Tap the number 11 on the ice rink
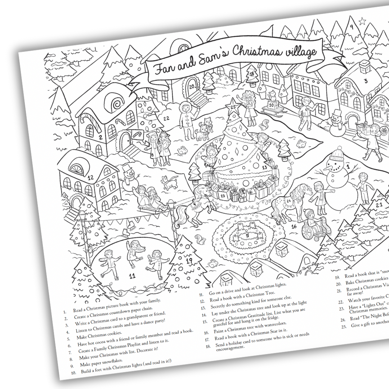(x=132, y=276)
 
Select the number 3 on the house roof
(x=366, y=81)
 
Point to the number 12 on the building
(x=90, y=177)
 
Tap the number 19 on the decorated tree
(x=189, y=260)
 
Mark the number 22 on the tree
(x=166, y=118)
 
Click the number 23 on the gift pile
(x=223, y=196)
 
